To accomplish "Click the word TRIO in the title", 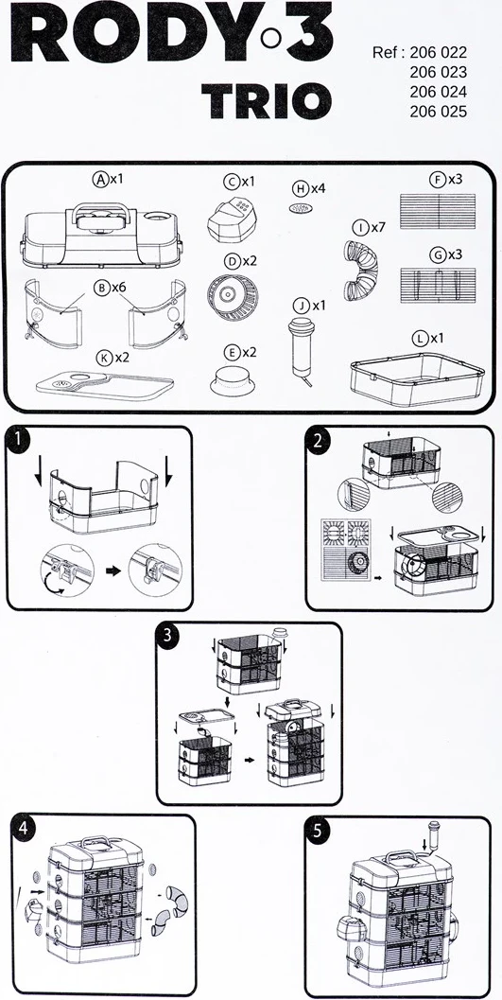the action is click(x=267, y=100).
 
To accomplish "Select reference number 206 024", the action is click(x=439, y=91).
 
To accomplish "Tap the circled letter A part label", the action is click(x=100, y=180).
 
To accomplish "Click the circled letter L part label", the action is click(x=419, y=339).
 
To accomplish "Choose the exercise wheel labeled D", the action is click(x=232, y=296).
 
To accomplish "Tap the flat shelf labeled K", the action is click(x=105, y=384).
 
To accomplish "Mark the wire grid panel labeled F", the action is click(x=438, y=211).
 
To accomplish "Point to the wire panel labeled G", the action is click(x=438, y=285).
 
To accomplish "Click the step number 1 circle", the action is click(x=20, y=441).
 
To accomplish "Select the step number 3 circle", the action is click(x=167, y=636).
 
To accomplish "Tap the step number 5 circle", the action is click(x=318, y=830).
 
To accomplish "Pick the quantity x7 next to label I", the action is click(x=379, y=227).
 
